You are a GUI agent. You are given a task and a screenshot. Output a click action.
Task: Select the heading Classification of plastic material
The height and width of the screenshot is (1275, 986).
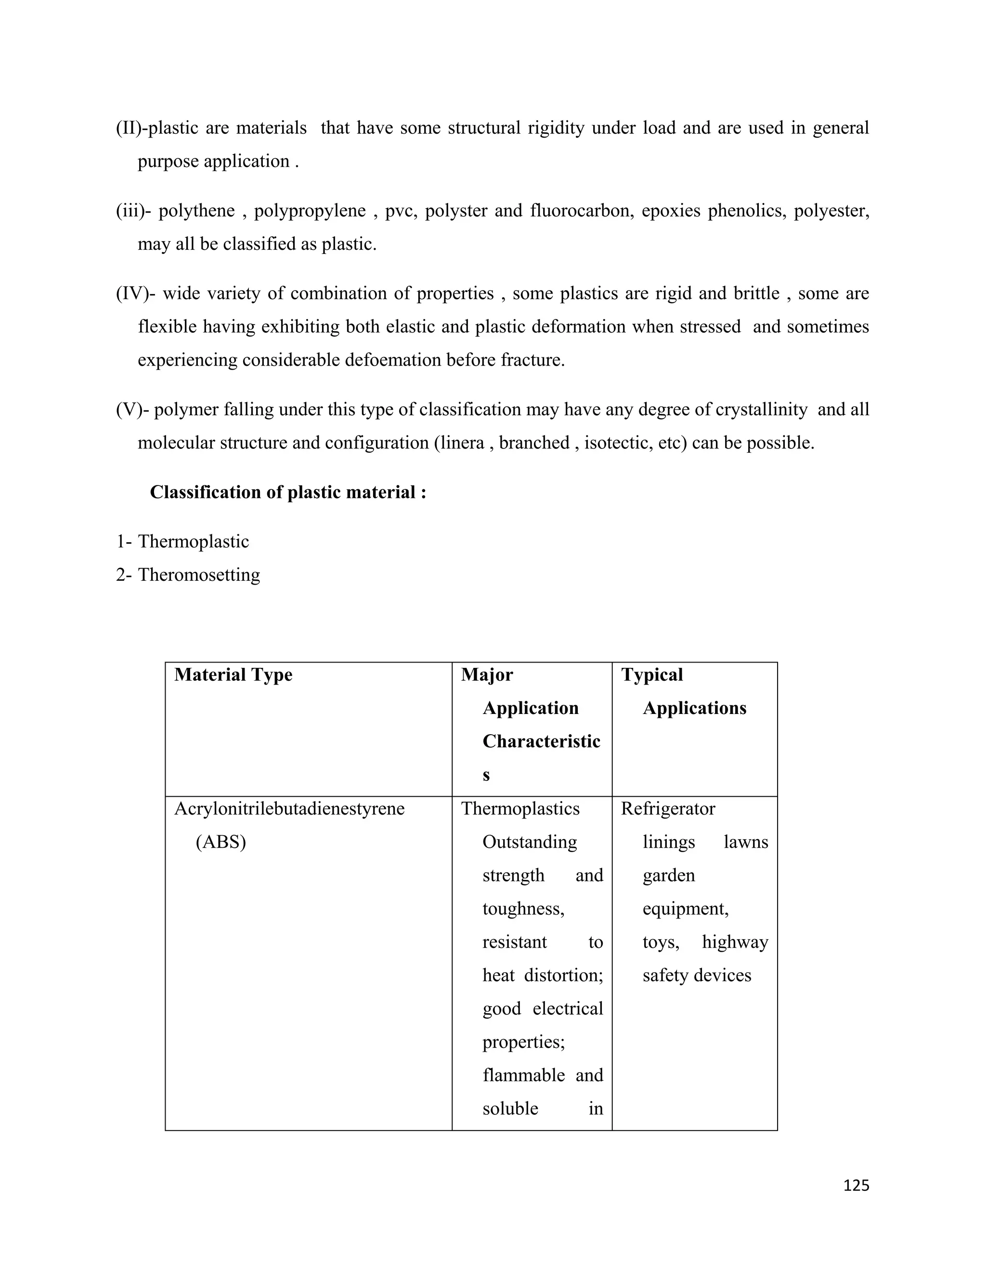coord(288,492)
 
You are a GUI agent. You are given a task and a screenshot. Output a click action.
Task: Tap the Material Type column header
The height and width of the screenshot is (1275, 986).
coord(233,675)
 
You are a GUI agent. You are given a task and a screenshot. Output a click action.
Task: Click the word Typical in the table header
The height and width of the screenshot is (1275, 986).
coord(652,675)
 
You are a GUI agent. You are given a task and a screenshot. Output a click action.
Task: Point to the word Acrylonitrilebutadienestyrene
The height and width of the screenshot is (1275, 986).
coord(289,809)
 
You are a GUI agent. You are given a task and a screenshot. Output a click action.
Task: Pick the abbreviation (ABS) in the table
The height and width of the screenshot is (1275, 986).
coord(221,842)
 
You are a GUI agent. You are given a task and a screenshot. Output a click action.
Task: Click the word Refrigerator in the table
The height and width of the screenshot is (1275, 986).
coord(668,809)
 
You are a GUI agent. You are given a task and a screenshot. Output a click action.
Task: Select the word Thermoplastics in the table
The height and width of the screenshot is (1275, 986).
coord(520,809)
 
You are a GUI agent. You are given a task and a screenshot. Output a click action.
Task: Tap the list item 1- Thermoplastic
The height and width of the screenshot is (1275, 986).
coord(182,541)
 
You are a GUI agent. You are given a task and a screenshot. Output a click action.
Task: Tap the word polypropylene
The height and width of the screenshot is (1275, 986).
coord(310,210)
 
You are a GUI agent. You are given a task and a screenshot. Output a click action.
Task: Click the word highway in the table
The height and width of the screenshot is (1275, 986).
coord(735,942)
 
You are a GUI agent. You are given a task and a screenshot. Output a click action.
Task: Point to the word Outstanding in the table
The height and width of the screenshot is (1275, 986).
coord(529,842)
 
